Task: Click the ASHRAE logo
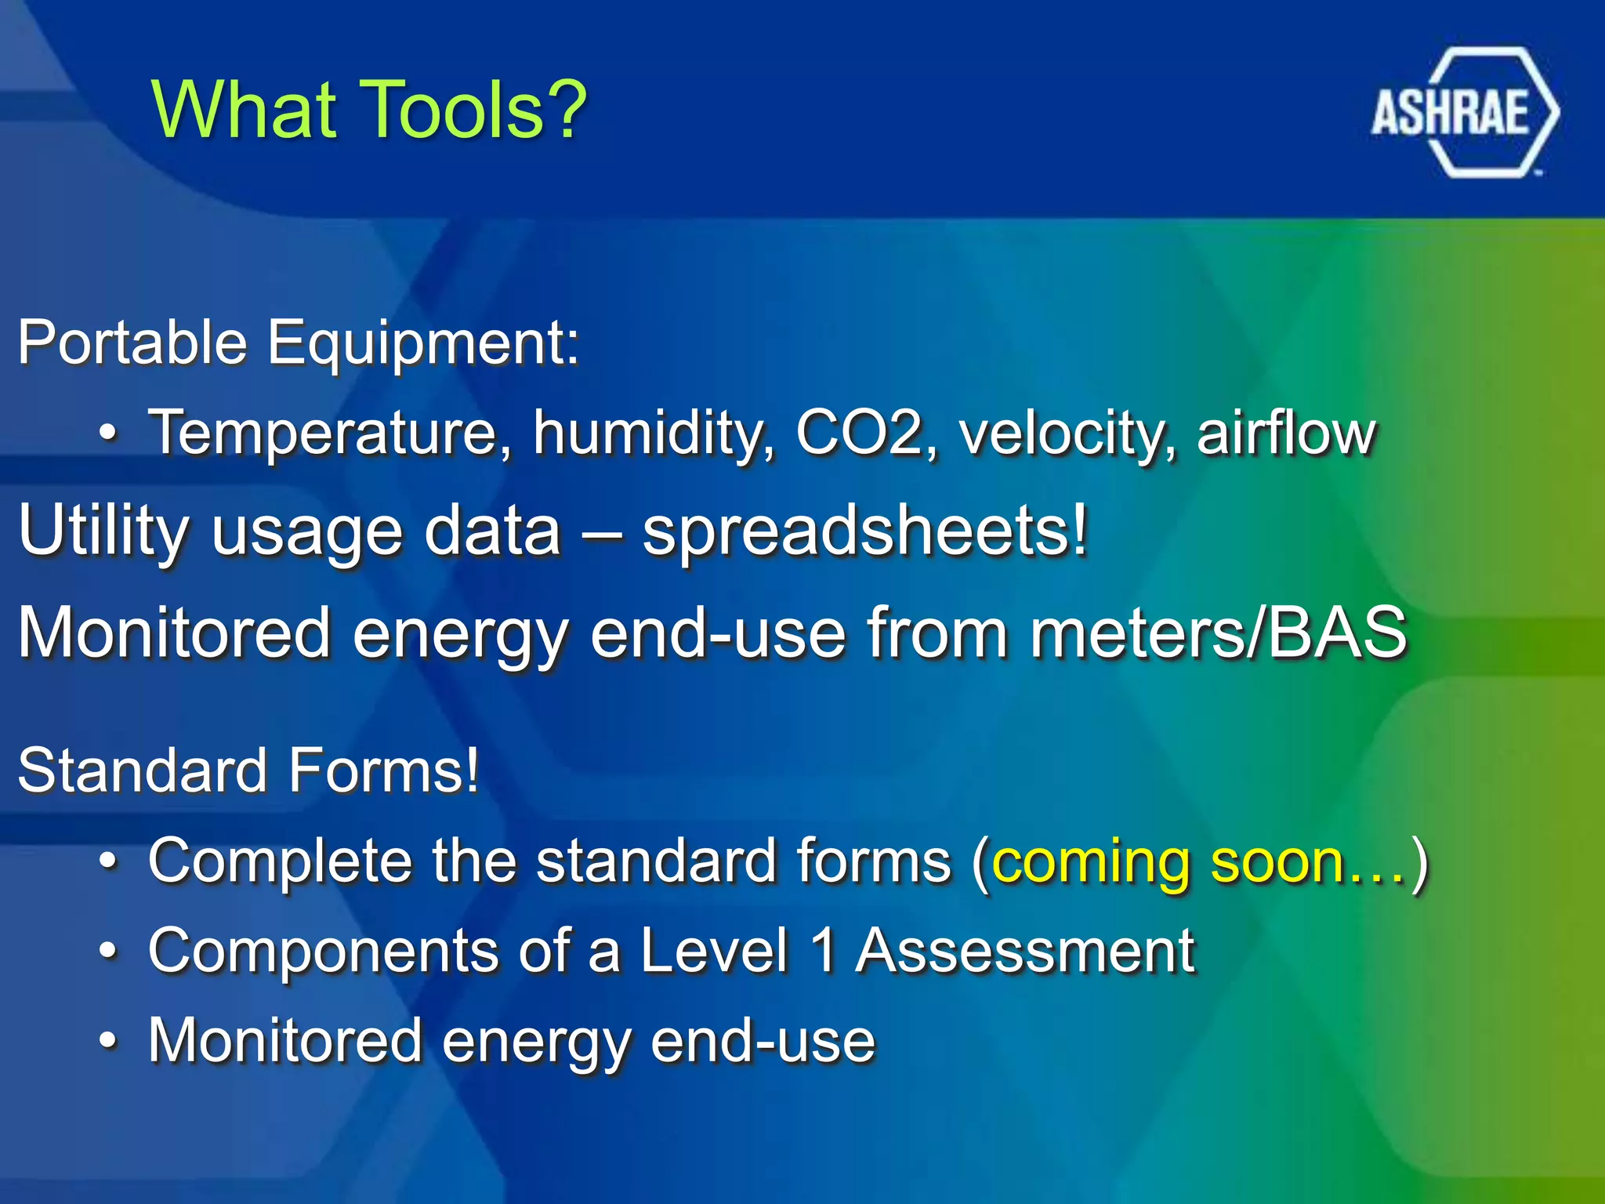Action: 1464,112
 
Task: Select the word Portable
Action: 132,343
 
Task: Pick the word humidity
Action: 654,434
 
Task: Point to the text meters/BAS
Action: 1218,633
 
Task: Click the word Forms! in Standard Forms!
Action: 383,771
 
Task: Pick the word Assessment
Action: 1025,951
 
